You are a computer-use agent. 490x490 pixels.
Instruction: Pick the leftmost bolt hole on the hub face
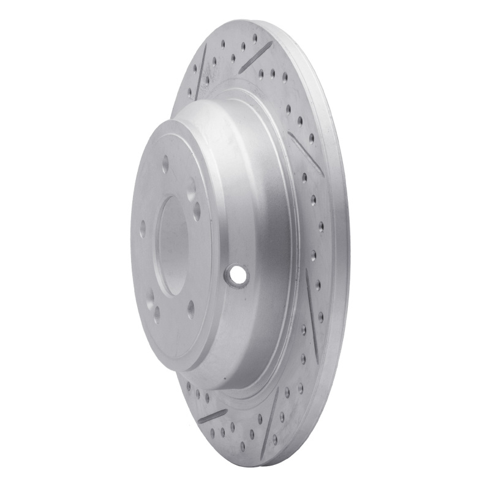[143, 232]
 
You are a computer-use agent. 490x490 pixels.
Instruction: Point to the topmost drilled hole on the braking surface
[254, 38]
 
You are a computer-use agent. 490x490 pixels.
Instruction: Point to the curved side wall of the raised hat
[257, 202]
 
